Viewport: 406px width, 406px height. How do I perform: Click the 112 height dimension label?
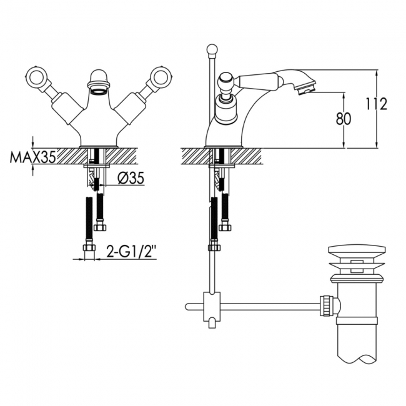[x=377, y=104]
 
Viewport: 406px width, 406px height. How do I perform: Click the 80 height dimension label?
[x=344, y=119]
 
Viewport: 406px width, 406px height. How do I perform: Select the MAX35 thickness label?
[x=32, y=156]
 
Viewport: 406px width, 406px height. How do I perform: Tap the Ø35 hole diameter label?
[x=130, y=179]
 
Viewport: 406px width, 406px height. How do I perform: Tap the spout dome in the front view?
[x=98, y=80]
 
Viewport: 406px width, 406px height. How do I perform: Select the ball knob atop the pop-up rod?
[x=212, y=49]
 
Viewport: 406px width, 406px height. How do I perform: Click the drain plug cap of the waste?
[x=356, y=251]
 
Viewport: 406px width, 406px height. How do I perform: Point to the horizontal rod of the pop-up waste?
[x=269, y=306]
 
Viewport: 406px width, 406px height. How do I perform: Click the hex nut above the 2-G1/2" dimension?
[x=89, y=247]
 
